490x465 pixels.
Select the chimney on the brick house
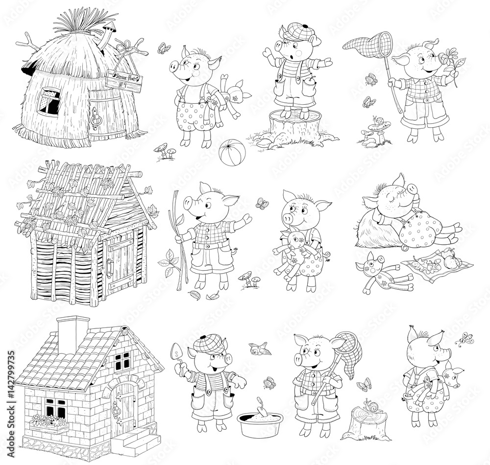(x=73, y=334)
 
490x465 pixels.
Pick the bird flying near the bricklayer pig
(x=259, y=349)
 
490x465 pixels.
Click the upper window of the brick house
(x=122, y=360)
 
